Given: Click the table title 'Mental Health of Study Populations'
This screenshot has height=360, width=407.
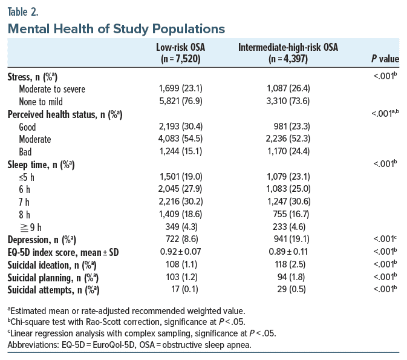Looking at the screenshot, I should (x=116, y=28).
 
